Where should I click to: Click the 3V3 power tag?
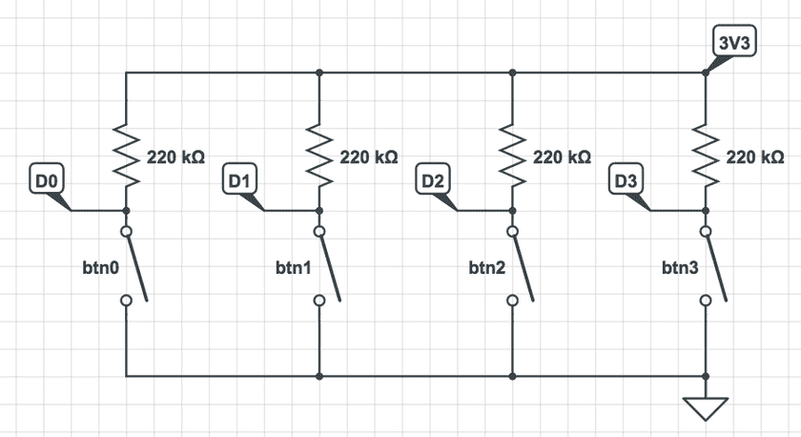coord(734,42)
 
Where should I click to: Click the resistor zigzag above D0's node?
coord(126,154)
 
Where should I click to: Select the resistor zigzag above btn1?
coord(319,154)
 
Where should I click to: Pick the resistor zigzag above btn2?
coord(513,154)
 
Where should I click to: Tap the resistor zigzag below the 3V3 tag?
coord(707,154)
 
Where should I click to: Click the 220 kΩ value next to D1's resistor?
coord(368,156)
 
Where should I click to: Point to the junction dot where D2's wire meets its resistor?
coord(513,210)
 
